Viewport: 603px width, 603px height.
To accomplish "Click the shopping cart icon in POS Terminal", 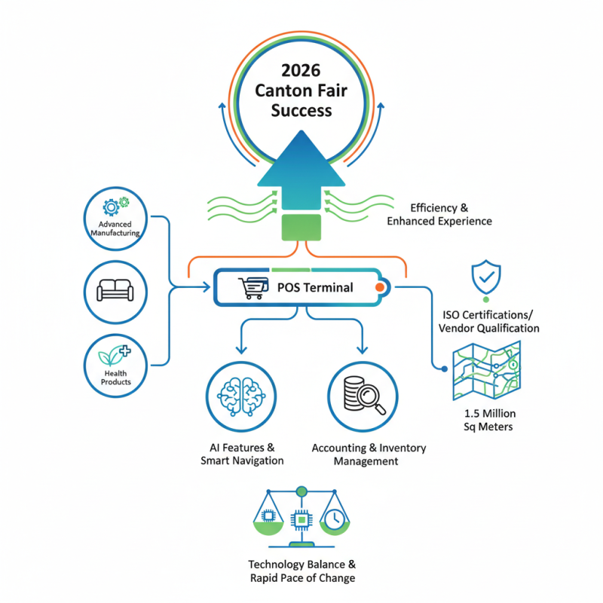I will pyautogui.click(x=253, y=288).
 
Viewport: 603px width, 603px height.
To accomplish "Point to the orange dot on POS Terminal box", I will pyautogui.click(x=379, y=287).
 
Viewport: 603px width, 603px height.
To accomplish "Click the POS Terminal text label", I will pyautogui.click(x=315, y=287).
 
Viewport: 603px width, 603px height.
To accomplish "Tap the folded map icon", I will pyautogui.click(x=485, y=371).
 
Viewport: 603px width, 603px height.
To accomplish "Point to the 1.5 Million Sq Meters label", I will pyautogui.click(x=489, y=420).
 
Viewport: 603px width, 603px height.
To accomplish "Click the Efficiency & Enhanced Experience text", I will pyautogui.click(x=439, y=214).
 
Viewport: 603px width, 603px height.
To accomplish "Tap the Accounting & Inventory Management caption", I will pyautogui.click(x=369, y=454).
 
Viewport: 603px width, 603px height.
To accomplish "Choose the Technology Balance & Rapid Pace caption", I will pyautogui.click(x=301, y=571).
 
